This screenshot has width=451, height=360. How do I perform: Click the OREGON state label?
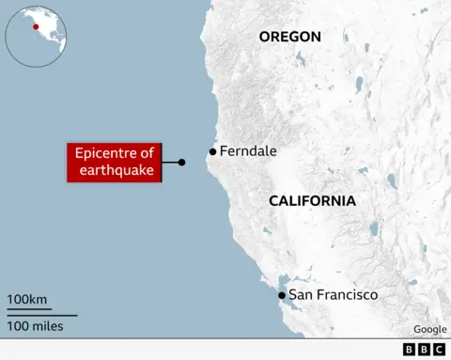pos(290,37)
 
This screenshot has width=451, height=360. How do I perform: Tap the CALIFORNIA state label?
pos(312,200)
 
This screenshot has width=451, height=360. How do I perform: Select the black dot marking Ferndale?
pos(213,151)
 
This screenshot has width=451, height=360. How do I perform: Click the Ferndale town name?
pos(248,150)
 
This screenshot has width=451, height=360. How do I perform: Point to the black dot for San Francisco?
pos(282,296)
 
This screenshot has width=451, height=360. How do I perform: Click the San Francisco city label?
pos(333,295)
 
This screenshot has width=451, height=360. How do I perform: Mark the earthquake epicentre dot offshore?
pos(182,162)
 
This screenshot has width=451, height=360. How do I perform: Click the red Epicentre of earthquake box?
pos(114,162)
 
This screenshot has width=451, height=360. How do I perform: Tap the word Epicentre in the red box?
pos(104,153)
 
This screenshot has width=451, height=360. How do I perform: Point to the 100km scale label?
pos(27,300)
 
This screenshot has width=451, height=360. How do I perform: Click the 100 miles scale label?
pos(36,325)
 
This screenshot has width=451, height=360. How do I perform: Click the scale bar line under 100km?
pos(28,311)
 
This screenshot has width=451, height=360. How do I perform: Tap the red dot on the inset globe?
pos(36,26)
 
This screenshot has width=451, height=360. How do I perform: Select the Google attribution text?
pos(430,329)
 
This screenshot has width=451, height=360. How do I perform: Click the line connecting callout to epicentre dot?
pos(170,162)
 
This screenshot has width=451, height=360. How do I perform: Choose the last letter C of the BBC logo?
pos(439,349)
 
